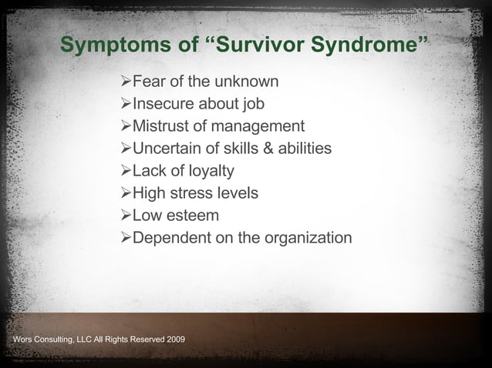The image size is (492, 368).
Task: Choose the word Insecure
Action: (164, 104)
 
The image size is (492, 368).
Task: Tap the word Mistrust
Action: (162, 126)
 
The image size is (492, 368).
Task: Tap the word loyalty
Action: (207, 171)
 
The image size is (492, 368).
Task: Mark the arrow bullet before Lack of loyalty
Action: (126, 171)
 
